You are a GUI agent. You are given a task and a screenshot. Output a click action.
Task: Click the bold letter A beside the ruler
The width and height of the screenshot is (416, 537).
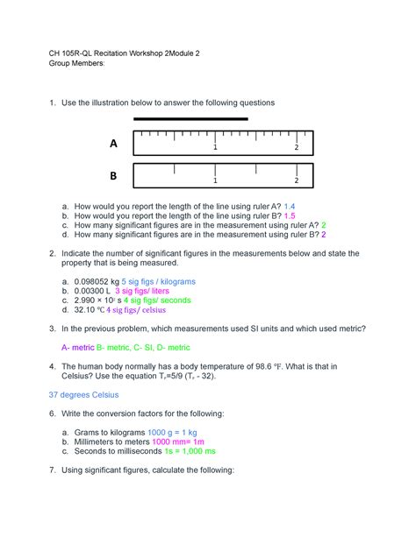[x=112, y=143]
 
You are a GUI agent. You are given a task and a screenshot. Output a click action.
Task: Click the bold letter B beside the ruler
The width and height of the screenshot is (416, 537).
[x=112, y=176]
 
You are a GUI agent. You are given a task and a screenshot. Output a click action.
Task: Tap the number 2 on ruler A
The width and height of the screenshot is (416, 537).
[x=297, y=147]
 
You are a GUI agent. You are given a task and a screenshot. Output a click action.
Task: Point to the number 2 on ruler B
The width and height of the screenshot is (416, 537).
[x=297, y=180]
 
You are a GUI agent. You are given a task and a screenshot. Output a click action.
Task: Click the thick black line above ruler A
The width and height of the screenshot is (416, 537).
[x=190, y=118]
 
